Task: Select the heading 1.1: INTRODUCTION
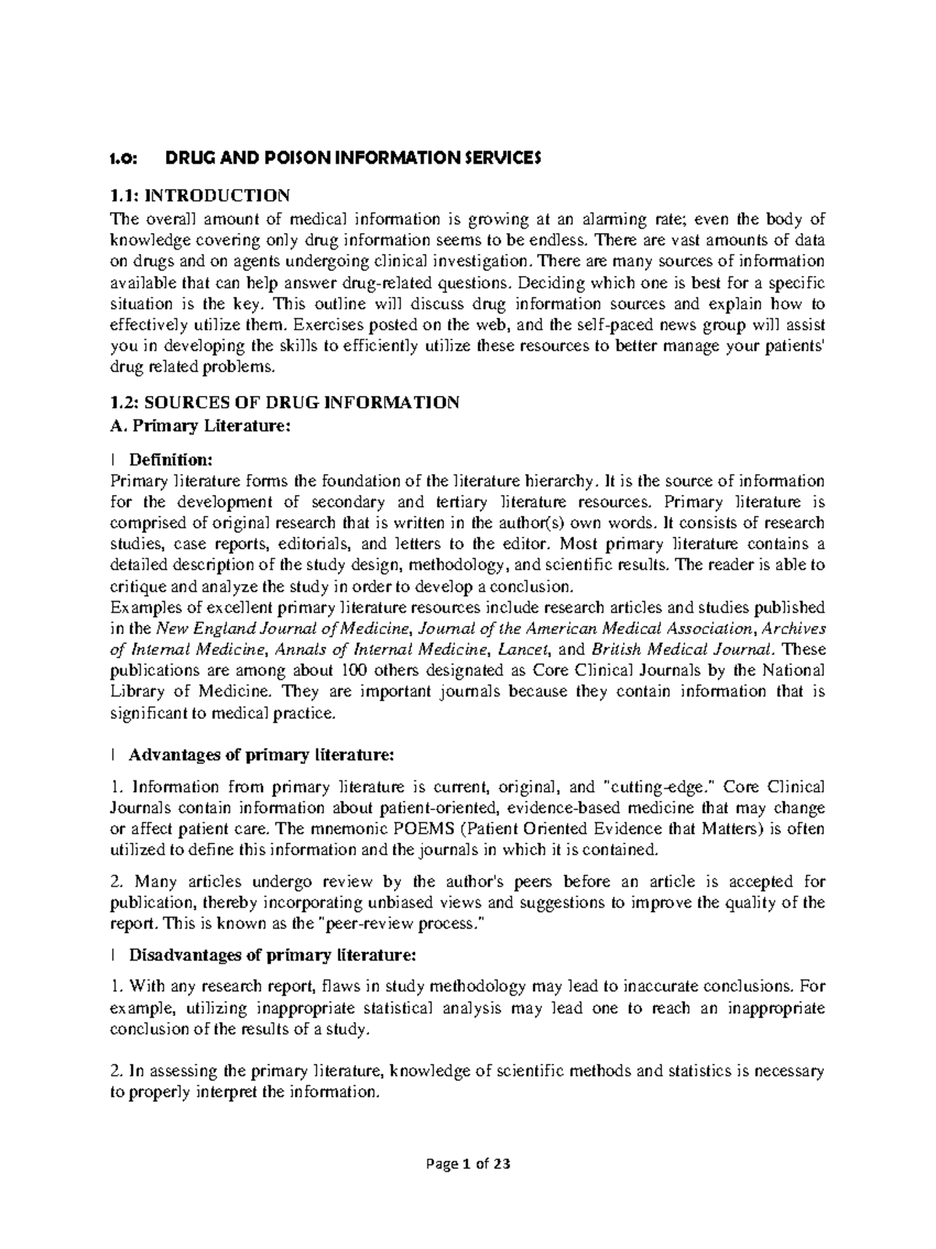tap(200, 194)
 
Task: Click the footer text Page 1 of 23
tap(468, 1164)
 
